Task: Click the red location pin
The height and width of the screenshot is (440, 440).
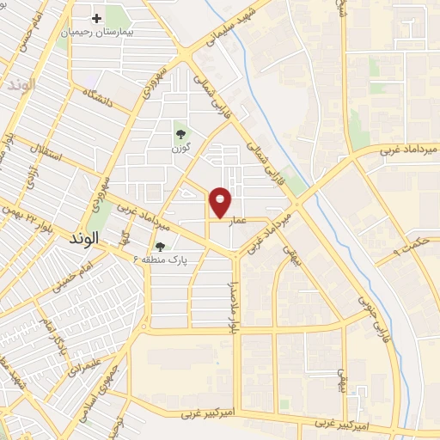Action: pyautogui.click(x=221, y=203)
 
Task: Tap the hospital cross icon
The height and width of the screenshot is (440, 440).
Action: pyautogui.click(x=96, y=18)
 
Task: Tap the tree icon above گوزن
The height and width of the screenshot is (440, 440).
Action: pyautogui.click(x=180, y=133)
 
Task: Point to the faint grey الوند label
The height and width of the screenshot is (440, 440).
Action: pyautogui.click(x=19, y=87)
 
